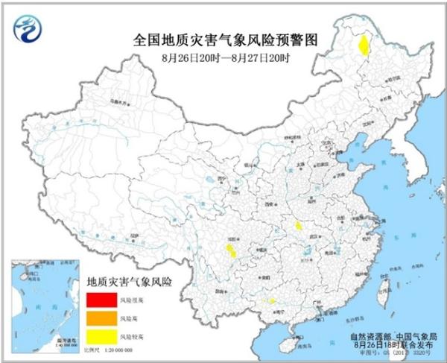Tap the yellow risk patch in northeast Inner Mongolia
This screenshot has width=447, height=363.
pyautogui.click(x=363, y=47)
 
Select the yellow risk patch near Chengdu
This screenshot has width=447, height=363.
pyautogui.click(x=231, y=250)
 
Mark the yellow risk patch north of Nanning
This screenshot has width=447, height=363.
pyautogui.click(x=271, y=300)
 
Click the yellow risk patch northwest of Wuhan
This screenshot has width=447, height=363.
pyautogui.click(x=298, y=225)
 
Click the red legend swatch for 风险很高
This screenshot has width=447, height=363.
pyautogui.click(x=98, y=300)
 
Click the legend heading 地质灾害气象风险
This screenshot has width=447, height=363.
pyautogui.click(x=130, y=282)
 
